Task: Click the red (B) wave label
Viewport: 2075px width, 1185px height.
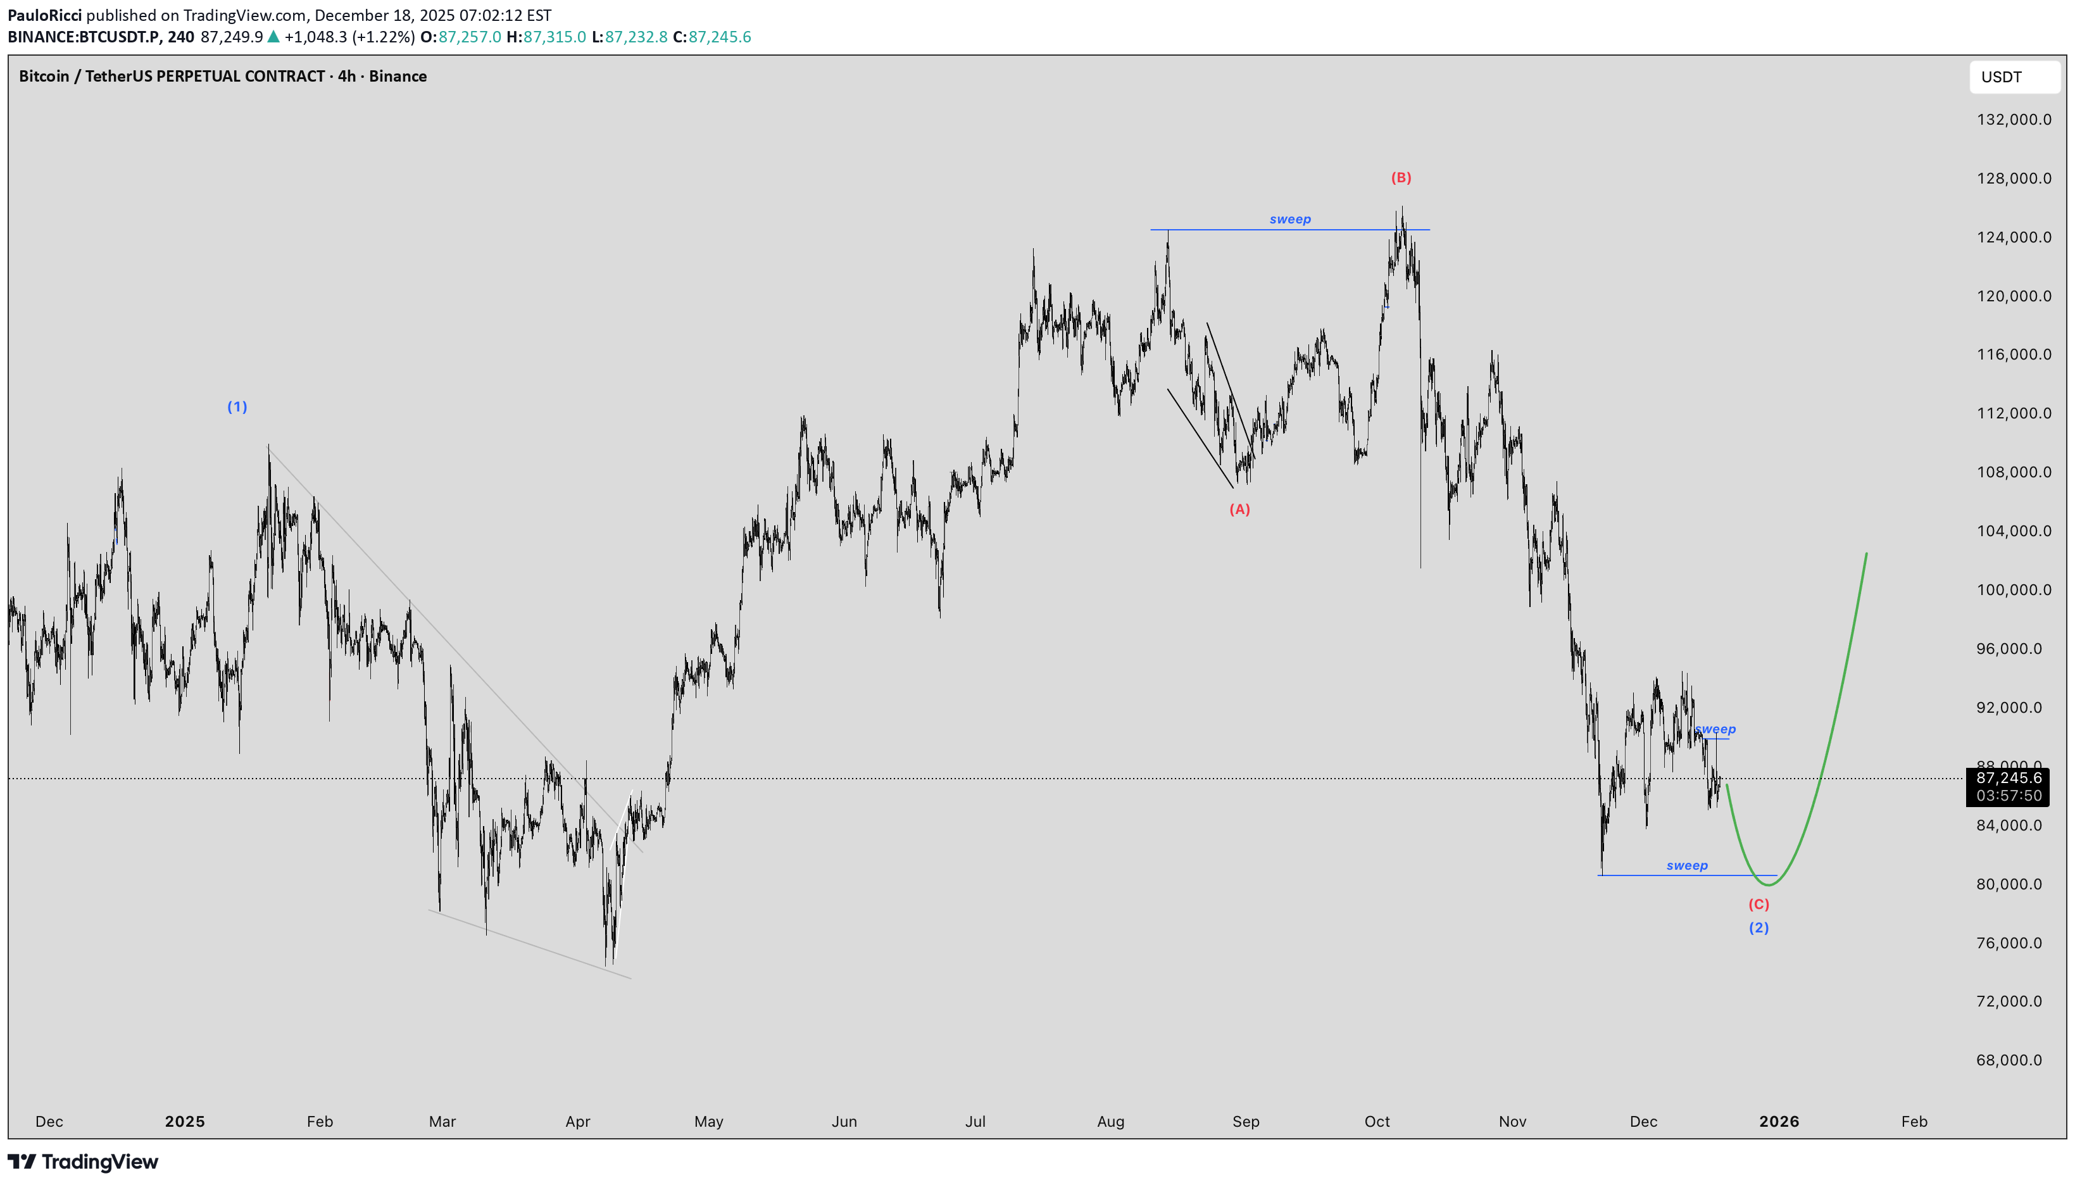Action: (1400, 177)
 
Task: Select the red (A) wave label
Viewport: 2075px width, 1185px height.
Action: (1239, 510)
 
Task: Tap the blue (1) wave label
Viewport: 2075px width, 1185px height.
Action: (237, 407)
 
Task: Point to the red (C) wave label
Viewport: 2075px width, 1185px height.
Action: (1758, 904)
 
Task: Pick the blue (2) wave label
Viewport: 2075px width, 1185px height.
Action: (1758, 928)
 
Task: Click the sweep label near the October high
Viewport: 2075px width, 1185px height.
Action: (1290, 220)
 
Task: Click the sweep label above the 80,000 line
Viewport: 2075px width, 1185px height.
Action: (1687, 866)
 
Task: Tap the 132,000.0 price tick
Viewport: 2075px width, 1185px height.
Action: (2014, 120)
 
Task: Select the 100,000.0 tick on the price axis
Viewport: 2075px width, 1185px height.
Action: (2014, 590)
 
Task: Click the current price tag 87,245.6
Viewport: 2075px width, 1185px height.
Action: (2009, 779)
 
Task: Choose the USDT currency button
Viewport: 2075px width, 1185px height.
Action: (2013, 77)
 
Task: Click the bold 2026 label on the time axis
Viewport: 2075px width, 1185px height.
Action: (1779, 1122)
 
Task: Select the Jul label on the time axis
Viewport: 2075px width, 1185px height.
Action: (975, 1122)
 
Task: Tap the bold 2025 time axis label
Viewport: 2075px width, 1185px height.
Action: (185, 1122)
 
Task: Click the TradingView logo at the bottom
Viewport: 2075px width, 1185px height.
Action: (83, 1162)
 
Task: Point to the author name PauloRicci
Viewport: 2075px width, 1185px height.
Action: (45, 15)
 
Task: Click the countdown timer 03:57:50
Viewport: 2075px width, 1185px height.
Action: (2009, 796)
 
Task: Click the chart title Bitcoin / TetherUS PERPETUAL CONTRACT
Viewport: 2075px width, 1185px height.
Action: (172, 77)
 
